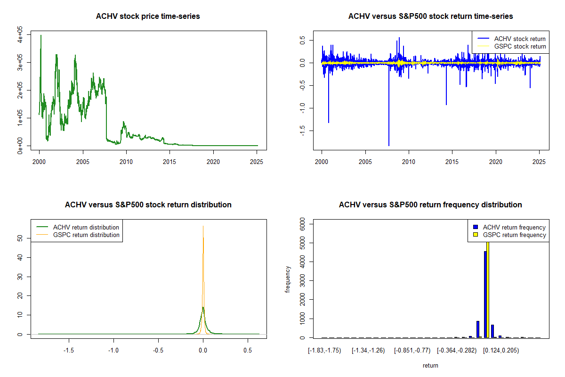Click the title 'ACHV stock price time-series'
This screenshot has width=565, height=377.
(148, 16)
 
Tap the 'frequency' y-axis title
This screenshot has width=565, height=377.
(288, 279)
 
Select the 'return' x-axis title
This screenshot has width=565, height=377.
(430, 365)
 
